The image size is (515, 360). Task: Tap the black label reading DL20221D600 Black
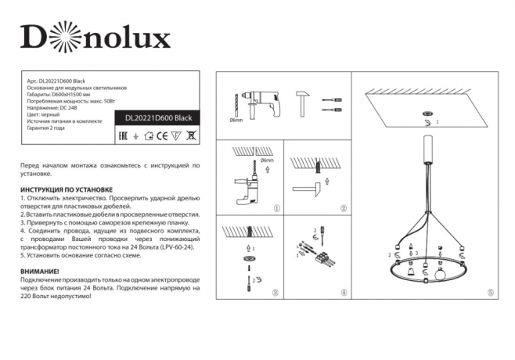coord(158,118)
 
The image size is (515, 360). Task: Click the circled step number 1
coord(276,209)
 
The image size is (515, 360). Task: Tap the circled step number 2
coord(343,209)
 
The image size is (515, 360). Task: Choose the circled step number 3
coord(275,293)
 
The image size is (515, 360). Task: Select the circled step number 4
coord(343,293)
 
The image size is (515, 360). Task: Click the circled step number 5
coord(490,293)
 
